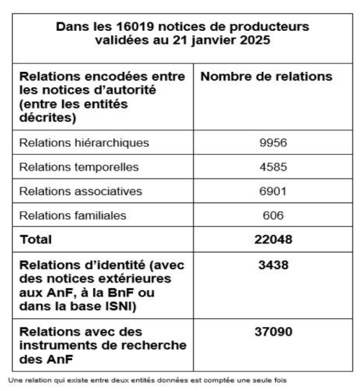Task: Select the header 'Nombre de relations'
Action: [x=264, y=76]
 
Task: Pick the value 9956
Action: [x=273, y=143]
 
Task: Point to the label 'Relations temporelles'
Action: [x=81, y=167]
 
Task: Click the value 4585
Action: [x=273, y=167]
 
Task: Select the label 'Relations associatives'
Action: [x=81, y=191]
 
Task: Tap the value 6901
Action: [x=273, y=191]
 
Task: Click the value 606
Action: [x=273, y=215]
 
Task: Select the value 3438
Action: [x=273, y=265]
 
